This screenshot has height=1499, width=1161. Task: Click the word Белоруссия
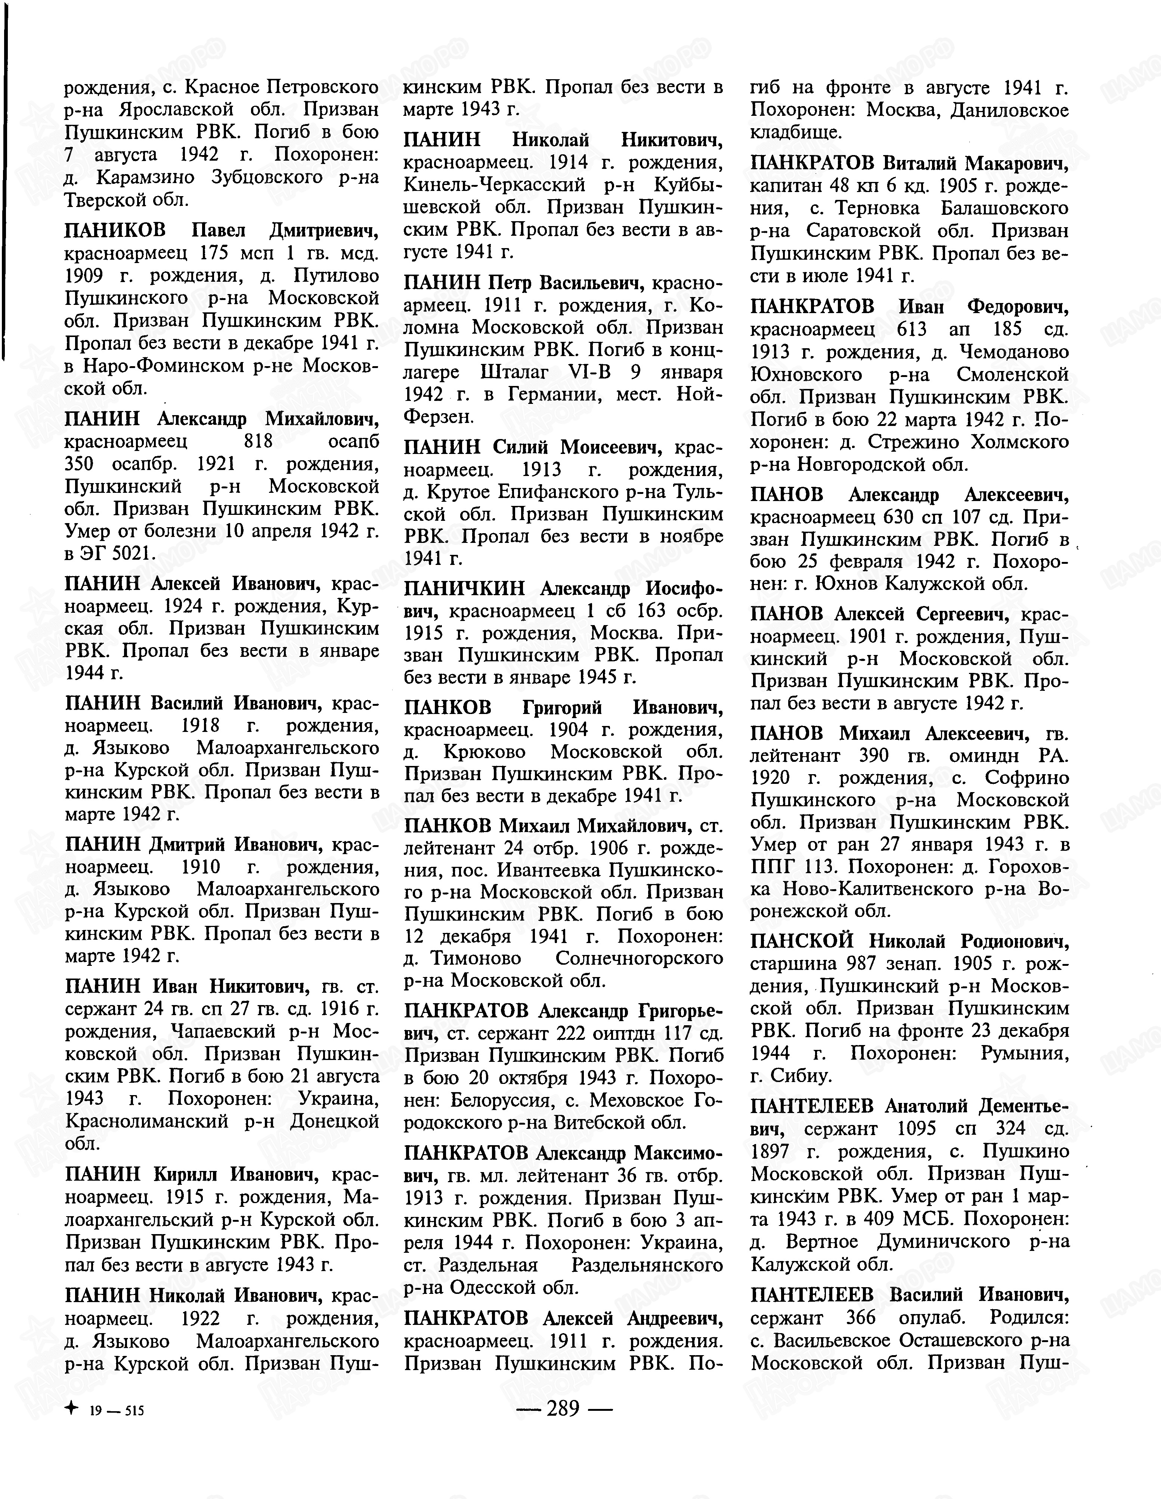(x=501, y=1100)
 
